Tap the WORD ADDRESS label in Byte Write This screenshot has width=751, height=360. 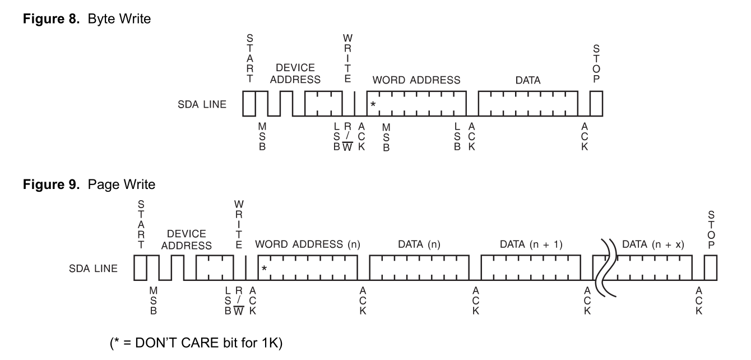(x=416, y=80)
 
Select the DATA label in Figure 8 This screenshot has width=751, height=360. (x=529, y=80)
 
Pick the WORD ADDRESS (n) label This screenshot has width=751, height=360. (x=307, y=245)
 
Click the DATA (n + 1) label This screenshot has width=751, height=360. (x=531, y=245)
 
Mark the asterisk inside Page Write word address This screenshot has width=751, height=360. (x=264, y=269)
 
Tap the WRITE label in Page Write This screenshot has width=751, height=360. (x=239, y=221)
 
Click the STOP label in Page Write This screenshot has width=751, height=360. (x=711, y=231)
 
